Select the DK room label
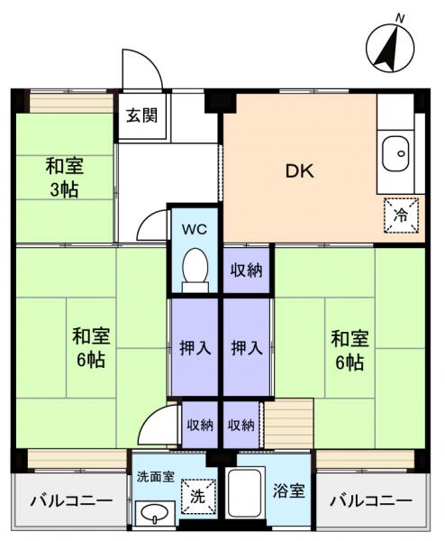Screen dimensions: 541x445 click(x=299, y=170)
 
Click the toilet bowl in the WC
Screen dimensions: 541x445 click(x=195, y=268)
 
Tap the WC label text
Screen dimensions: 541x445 click(x=195, y=229)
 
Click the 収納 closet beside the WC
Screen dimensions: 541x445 click(x=245, y=270)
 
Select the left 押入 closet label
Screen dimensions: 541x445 click(x=195, y=347)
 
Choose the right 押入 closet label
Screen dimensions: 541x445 click(x=245, y=347)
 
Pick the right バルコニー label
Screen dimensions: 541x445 click(x=369, y=501)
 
